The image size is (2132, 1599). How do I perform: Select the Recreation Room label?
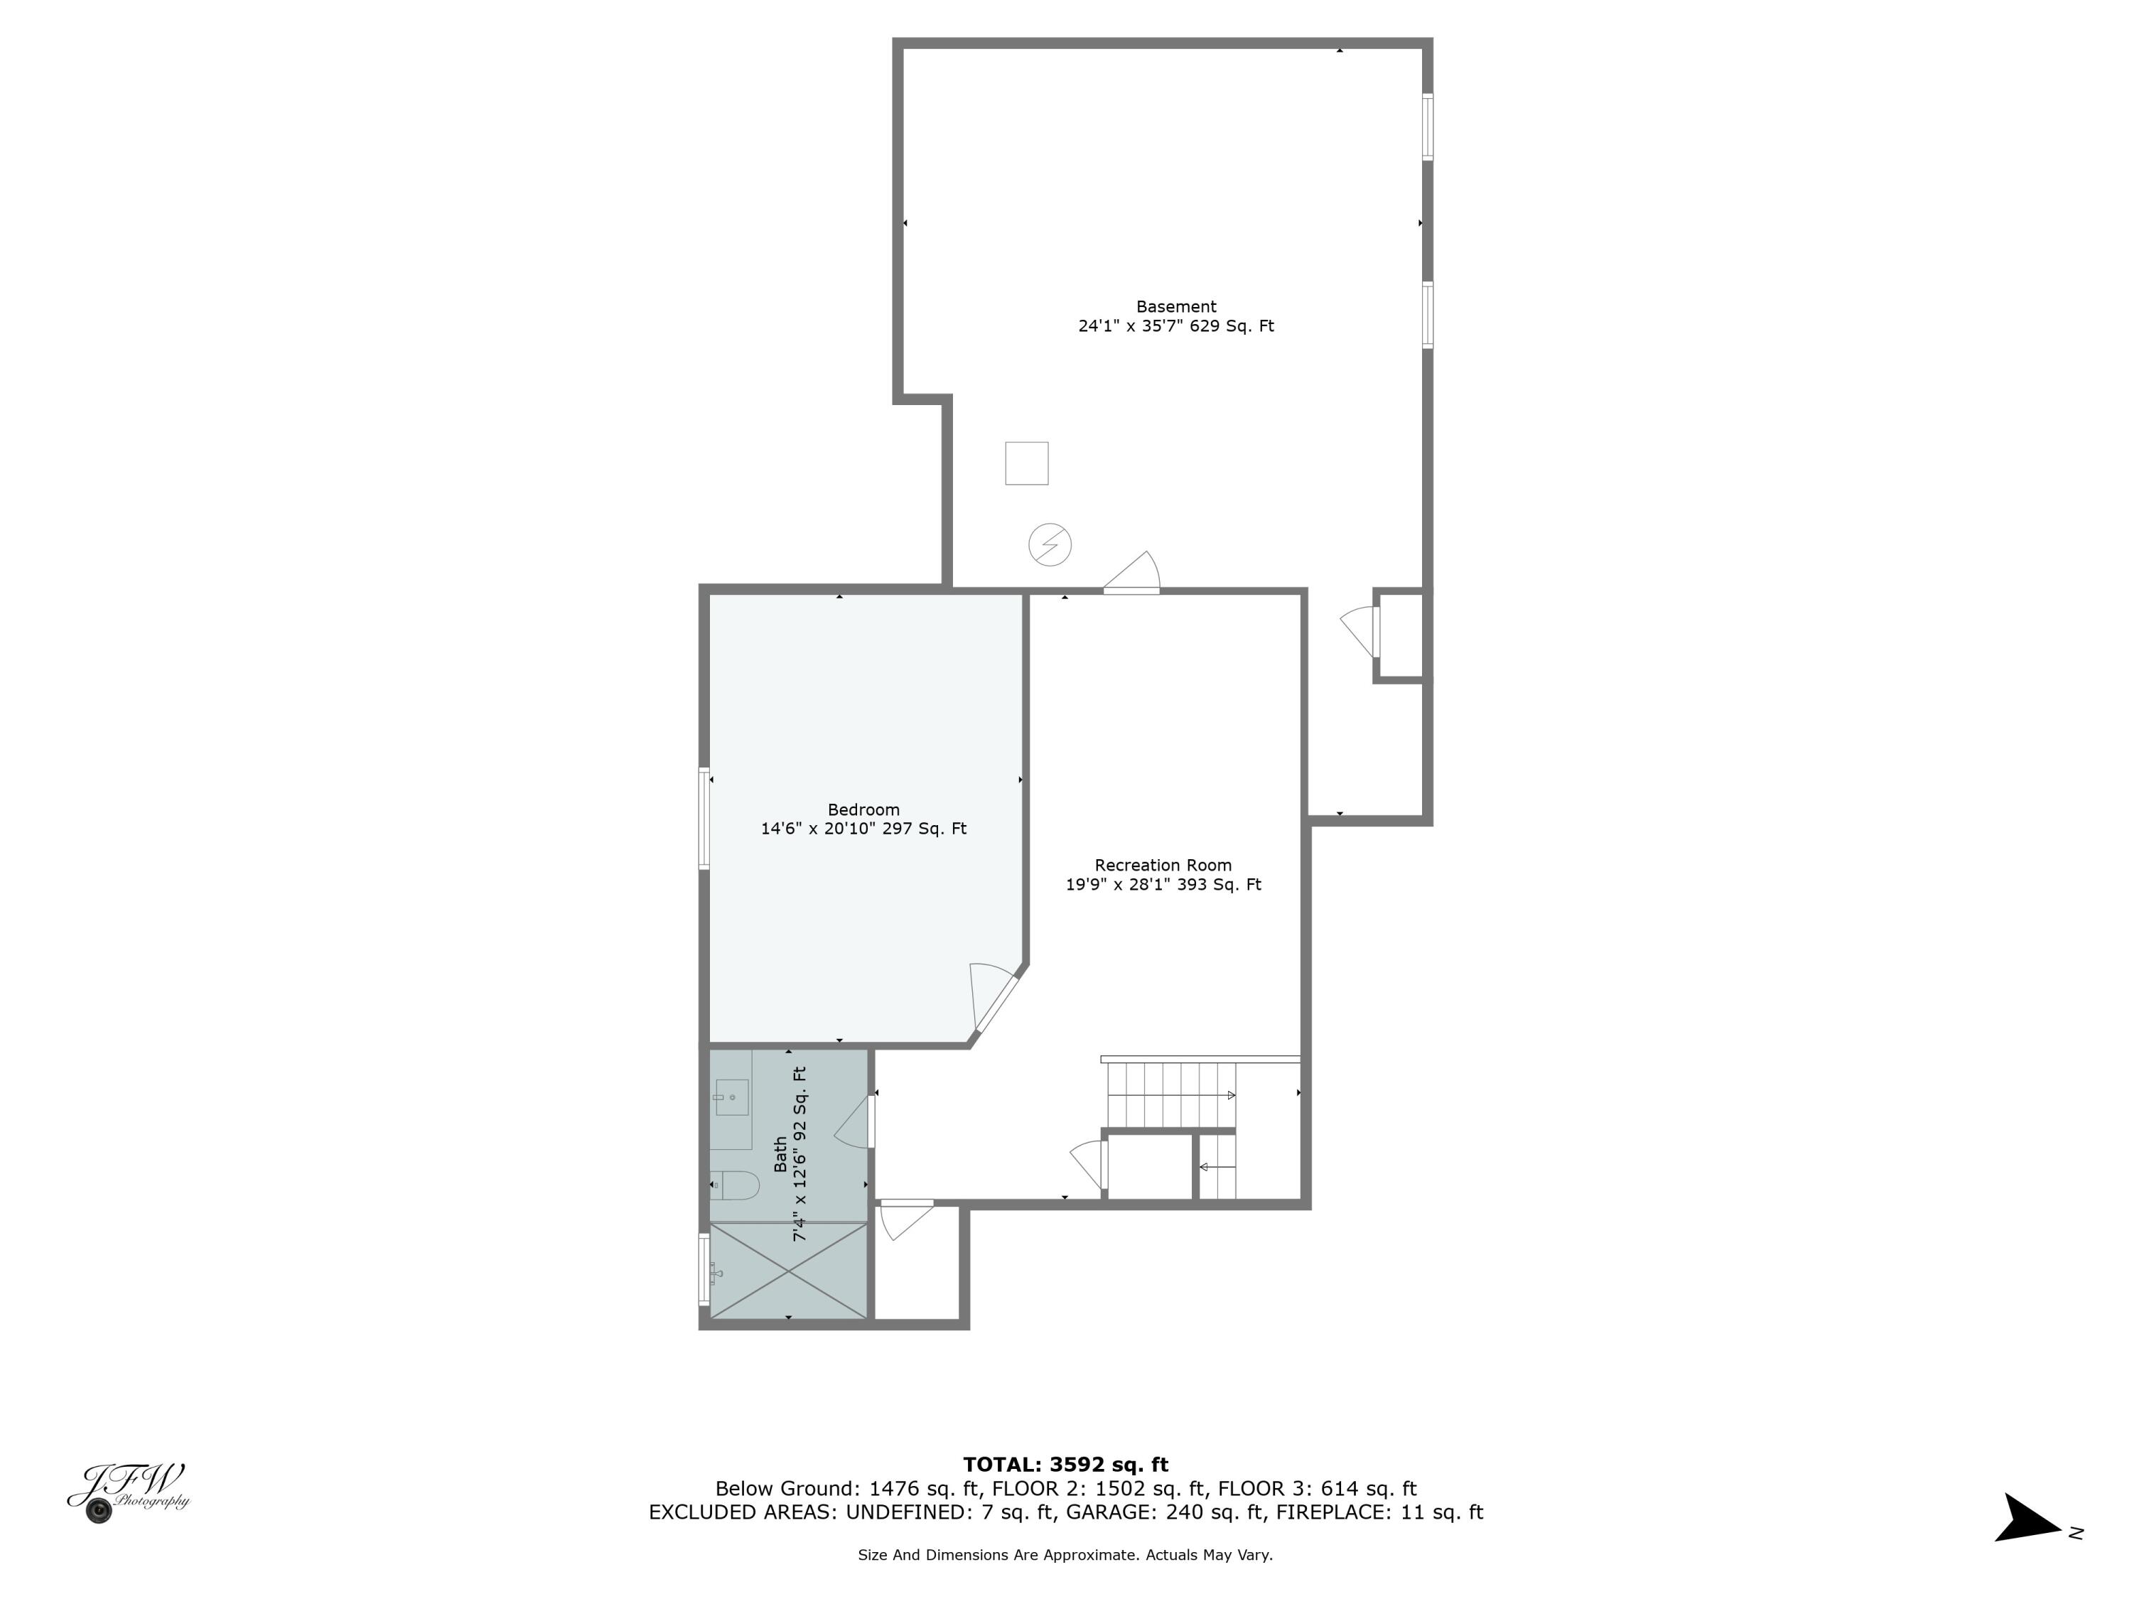pos(1163,865)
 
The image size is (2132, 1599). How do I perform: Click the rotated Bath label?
pos(780,1155)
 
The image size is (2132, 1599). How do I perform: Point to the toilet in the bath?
pos(736,1185)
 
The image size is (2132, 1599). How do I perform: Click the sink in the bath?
pos(731,1098)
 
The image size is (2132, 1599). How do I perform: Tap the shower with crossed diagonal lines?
pos(788,1271)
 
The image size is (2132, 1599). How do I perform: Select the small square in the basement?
pos(1026,463)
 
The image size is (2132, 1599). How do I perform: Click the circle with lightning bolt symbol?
pos(1050,544)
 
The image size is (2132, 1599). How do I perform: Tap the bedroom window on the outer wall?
pos(704,818)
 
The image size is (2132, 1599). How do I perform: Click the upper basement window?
pos(1428,126)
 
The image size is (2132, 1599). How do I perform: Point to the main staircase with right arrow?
pos(1171,1095)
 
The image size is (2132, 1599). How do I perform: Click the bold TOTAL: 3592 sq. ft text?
pos(1065,1465)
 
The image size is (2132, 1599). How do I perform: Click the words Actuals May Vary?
pos(1209,1555)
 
